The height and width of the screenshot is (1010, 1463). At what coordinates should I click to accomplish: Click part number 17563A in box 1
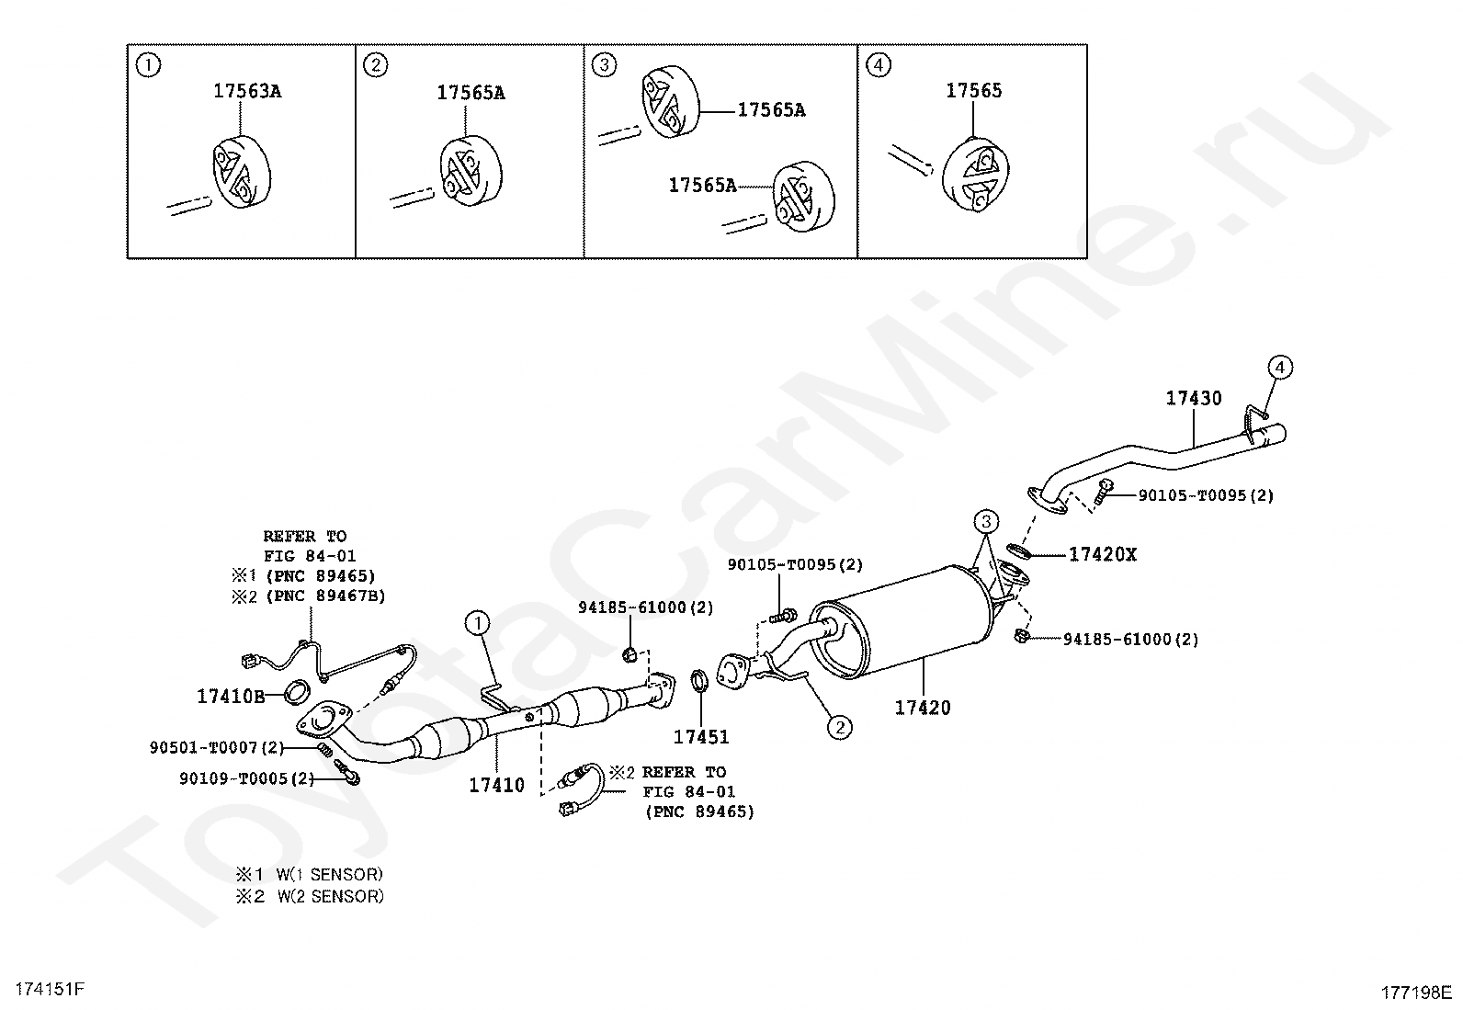(x=247, y=91)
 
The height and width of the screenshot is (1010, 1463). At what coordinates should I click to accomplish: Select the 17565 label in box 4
(x=974, y=90)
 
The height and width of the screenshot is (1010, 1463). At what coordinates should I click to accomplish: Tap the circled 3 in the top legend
(x=604, y=65)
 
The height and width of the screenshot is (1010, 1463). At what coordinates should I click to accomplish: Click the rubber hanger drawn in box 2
(x=469, y=171)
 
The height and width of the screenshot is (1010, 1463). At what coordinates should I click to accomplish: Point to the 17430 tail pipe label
(x=1194, y=398)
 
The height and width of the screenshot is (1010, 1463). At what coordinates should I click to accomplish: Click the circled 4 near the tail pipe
(x=1279, y=368)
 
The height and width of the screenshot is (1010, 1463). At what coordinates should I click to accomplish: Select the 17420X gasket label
(x=1102, y=554)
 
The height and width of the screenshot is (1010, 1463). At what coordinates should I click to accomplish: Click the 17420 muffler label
(x=924, y=708)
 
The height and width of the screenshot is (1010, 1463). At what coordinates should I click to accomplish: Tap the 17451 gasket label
(x=701, y=736)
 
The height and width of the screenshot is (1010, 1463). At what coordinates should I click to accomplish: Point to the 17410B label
(x=231, y=697)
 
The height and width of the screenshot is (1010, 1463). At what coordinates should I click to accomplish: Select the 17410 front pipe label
(x=496, y=785)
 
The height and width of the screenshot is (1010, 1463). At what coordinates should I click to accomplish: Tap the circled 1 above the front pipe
(x=478, y=624)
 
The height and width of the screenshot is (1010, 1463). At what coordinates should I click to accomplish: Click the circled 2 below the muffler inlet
(x=839, y=727)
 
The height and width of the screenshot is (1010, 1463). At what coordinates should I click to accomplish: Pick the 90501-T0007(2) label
(x=217, y=748)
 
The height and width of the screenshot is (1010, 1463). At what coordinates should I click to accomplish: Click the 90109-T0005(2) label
(x=246, y=778)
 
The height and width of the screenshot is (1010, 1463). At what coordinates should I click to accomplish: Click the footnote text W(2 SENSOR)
(x=330, y=896)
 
